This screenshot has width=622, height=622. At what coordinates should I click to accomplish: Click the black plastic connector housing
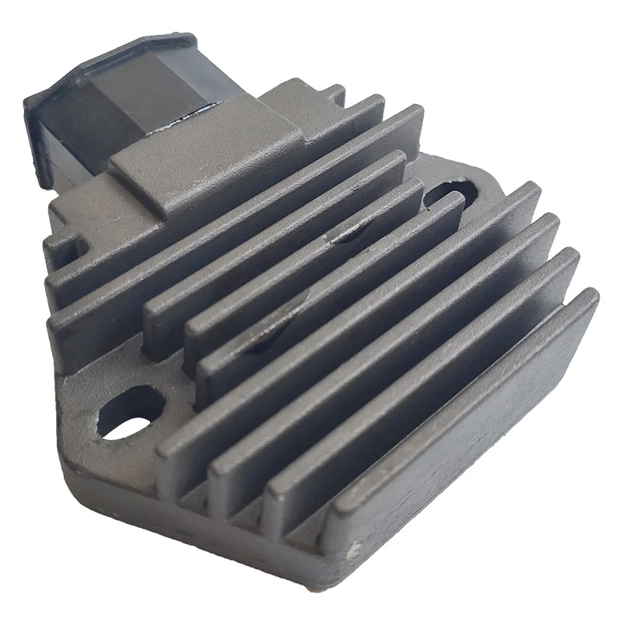[x=101, y=117]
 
